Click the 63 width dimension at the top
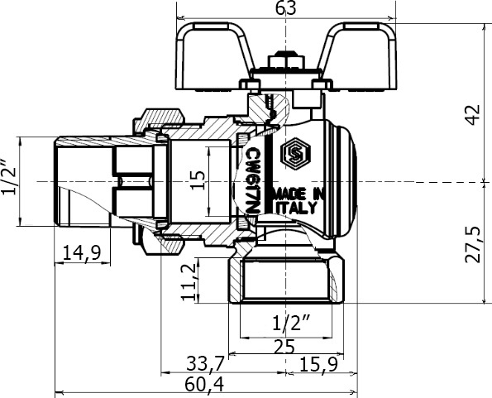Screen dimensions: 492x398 tap(285, 8)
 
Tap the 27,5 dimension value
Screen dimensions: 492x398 tap(472, 244)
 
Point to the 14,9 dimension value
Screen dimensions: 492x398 tap(82, 253)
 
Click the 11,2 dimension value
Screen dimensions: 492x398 tap(189, 282)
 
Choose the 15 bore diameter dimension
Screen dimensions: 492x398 tap(198, 180)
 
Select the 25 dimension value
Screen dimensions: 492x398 tap(284, 347)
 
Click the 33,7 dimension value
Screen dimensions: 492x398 tap(206, 364)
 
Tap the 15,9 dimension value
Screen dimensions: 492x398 tap(318, 364)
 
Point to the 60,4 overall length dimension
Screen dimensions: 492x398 tap(204, 384)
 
